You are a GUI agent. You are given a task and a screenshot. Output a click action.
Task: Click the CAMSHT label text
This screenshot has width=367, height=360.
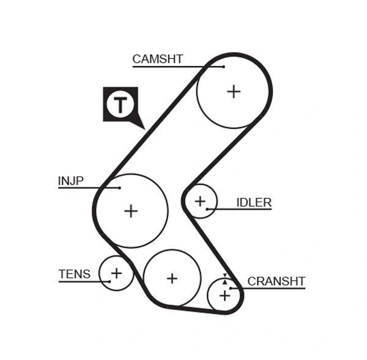(x=157, y=59)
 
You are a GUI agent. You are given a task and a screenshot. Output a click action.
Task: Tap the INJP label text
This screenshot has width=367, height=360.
(x=70, y=181)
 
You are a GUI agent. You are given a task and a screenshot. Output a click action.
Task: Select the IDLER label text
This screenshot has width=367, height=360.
(x=254, y=202)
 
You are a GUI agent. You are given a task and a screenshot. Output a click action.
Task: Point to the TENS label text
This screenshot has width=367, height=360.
(x=74, y=274)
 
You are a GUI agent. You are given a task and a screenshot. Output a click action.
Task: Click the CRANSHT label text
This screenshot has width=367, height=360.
(x=276, y=281)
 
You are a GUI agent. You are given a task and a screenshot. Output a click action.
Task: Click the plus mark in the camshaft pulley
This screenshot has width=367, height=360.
(x=234, y=92)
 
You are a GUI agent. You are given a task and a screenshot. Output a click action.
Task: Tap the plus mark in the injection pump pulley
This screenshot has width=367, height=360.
(x=131, y=211)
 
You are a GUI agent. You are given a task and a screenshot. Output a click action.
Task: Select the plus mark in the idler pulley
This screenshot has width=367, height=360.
(x=200, y=200)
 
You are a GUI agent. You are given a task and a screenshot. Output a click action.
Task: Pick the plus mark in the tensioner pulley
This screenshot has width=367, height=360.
(x=116, y=273)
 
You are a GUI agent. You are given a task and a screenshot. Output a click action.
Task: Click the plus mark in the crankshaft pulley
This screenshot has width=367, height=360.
(x=224, y=296)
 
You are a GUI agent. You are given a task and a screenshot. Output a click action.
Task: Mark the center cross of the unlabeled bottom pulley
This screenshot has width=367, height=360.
(x=172, y=278)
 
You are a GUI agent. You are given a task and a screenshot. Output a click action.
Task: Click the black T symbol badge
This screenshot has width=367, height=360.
(x=120, y=105)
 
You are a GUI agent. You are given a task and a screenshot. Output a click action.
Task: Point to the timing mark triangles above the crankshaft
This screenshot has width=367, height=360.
(x=224, y=279)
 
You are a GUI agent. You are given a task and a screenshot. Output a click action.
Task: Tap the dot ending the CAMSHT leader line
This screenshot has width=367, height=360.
(x=224, y=66)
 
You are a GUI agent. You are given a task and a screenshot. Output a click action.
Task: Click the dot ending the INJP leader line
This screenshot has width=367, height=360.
(x=120, y=188)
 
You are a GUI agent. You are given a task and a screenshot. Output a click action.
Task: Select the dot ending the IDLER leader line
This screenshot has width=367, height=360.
(x=208, y=209)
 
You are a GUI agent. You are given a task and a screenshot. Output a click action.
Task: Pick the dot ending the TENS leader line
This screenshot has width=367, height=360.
(x=111, y=281)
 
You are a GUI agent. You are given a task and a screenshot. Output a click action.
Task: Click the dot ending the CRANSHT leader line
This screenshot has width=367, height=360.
(x=231, y=288)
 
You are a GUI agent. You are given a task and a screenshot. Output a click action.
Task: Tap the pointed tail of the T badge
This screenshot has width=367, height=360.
(x=141, y=126)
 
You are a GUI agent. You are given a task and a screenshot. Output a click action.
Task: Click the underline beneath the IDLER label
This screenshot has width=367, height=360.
(x=245, y=209)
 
